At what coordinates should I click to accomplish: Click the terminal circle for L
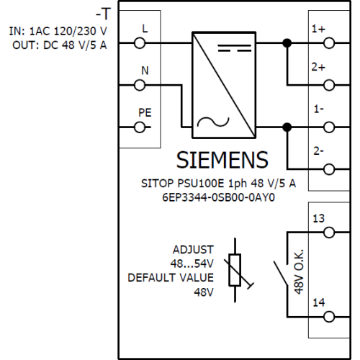140,43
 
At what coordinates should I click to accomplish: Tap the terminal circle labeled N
140,85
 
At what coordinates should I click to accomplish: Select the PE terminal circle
140,127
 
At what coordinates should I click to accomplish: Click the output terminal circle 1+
329,43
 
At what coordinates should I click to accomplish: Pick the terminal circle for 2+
329,85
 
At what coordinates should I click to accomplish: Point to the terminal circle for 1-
329,127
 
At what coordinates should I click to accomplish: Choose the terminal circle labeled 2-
329,169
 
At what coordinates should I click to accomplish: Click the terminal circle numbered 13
329,233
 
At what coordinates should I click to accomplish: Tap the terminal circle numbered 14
329,317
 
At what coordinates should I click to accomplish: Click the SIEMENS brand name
222,160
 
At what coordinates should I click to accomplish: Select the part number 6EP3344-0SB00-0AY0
218,197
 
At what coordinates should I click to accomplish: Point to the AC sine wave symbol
213,122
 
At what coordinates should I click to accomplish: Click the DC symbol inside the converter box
235,48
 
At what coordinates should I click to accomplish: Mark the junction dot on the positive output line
287,43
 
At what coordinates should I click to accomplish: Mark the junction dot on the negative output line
287,127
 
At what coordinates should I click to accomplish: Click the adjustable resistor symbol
235,270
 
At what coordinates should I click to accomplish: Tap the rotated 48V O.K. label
299,271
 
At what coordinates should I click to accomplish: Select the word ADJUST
193,250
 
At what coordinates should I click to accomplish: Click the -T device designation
104,14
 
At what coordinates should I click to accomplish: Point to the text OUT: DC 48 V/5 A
60,45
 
